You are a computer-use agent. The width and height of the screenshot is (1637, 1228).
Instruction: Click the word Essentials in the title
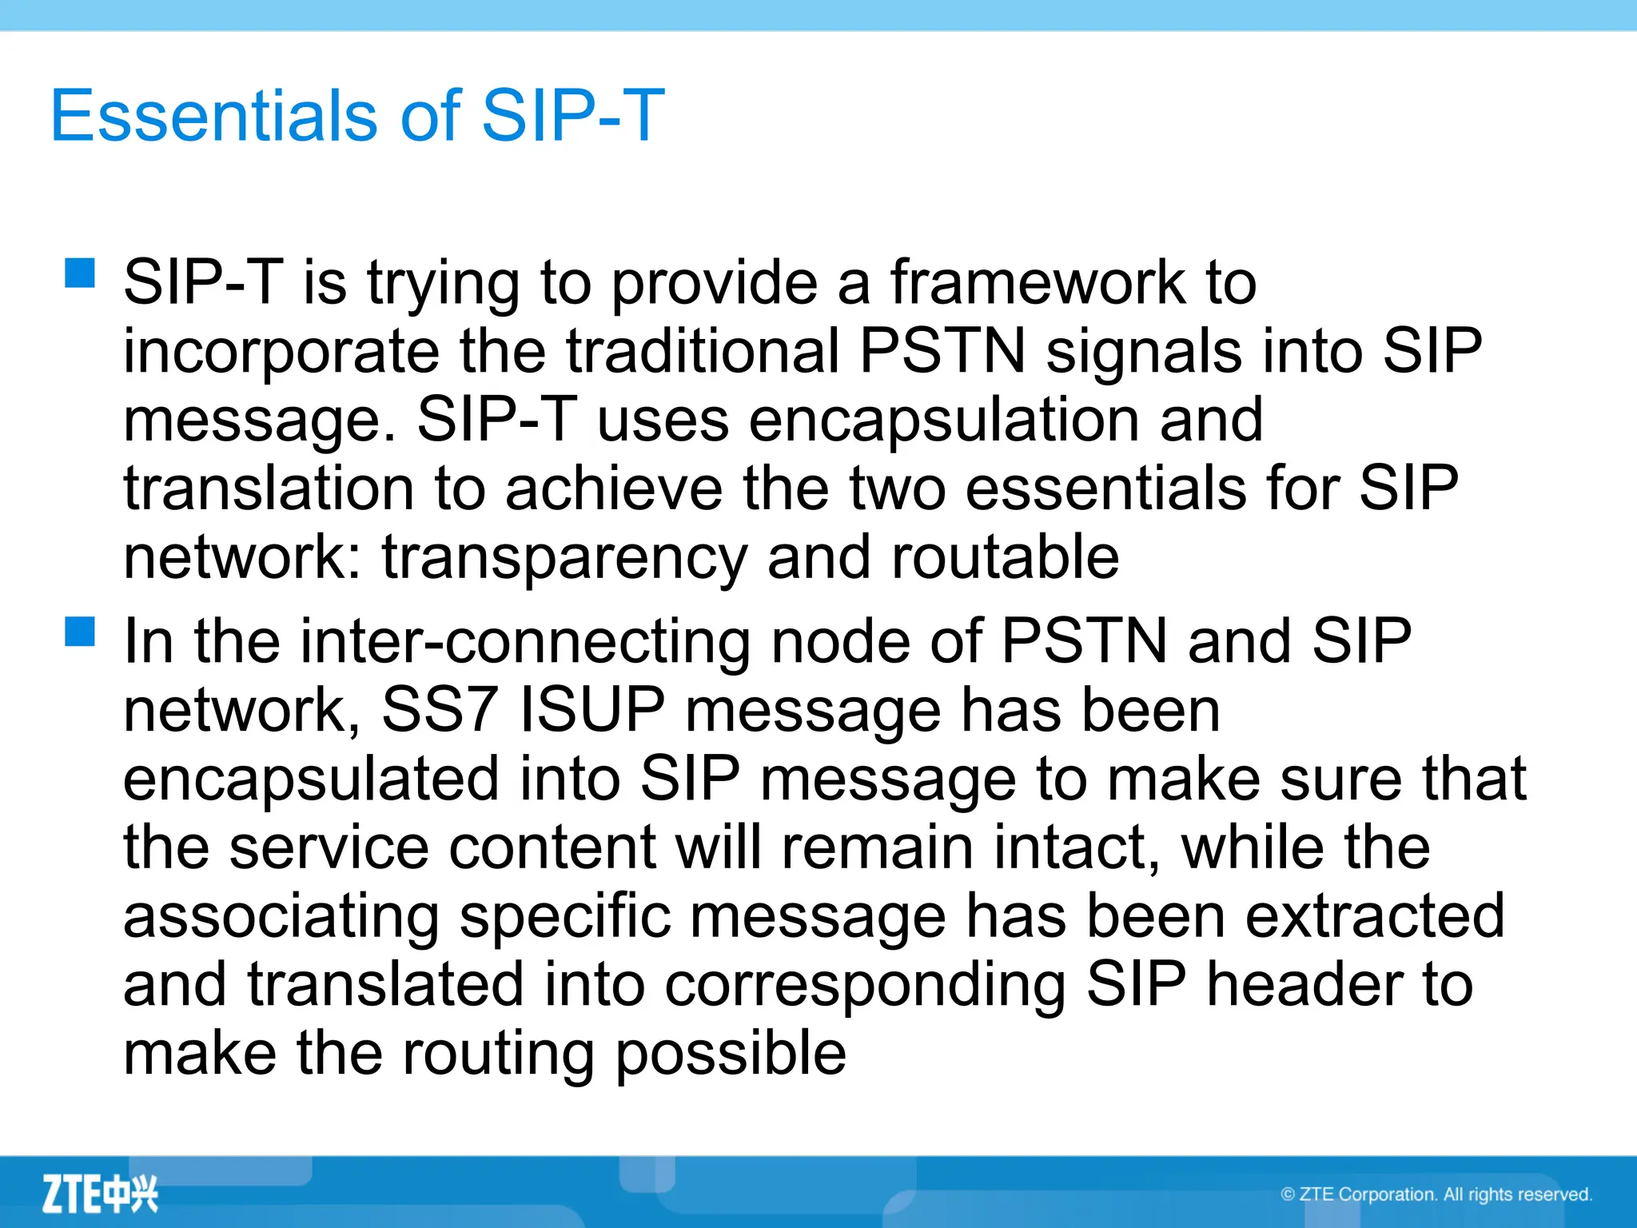click(x=213, y=116)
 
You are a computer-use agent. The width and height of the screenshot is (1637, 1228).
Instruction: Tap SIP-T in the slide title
click(x=572, y=116)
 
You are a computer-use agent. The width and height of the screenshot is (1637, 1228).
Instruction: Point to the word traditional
click(x=703, y=351)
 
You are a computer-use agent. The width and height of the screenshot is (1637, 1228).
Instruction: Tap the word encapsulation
click(x=944, y=420)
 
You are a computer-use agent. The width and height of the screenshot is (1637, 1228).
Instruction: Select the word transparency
click(x=564, y=557)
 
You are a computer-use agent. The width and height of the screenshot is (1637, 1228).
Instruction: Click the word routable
click(x=1005, y=557)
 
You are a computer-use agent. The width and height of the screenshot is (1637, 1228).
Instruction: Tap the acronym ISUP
click(x=591, y=710)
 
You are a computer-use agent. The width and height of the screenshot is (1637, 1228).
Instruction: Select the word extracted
click(x=1375, y=916)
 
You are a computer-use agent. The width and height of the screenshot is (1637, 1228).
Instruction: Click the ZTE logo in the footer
click(x=100, y=1194)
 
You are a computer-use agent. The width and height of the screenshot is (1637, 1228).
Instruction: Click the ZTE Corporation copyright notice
click(x=1436, y=1194)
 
